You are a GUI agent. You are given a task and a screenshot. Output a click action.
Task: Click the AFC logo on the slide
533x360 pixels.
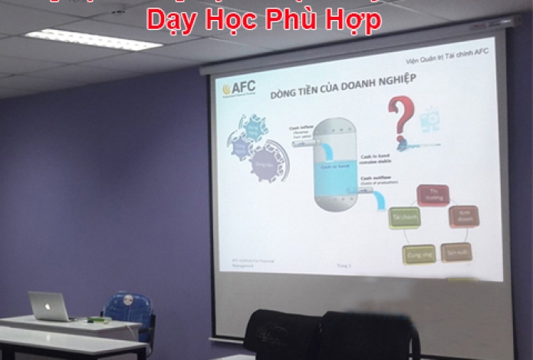(x=239, y=88)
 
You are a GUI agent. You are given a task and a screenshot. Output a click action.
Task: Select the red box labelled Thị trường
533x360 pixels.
(x=432, y=196)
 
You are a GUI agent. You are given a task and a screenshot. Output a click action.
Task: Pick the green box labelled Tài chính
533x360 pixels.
(x=404, y=218)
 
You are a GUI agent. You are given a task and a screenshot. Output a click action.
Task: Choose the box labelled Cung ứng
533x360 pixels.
(x=419, y=254)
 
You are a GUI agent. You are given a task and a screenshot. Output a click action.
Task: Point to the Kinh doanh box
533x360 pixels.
(x=463, y=216)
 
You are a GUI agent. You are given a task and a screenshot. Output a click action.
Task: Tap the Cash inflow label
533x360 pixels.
(x=301, y=129)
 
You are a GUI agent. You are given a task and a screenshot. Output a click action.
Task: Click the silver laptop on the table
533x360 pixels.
(x=49, y=306)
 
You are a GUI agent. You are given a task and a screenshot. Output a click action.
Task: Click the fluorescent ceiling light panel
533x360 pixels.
(x=93, y=39)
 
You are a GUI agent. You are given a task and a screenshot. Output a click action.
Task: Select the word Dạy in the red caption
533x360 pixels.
(x=171, y=21)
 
